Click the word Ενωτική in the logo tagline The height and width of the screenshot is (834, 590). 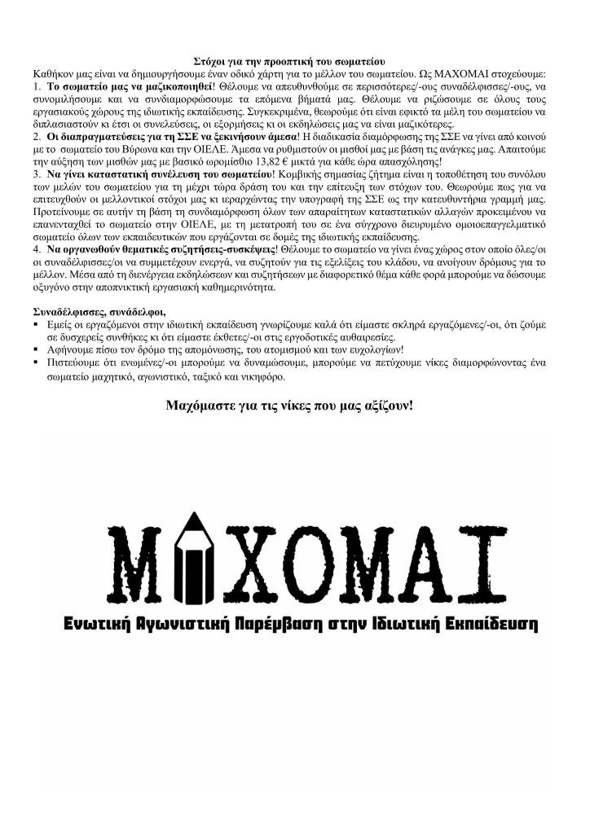point(104,625)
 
